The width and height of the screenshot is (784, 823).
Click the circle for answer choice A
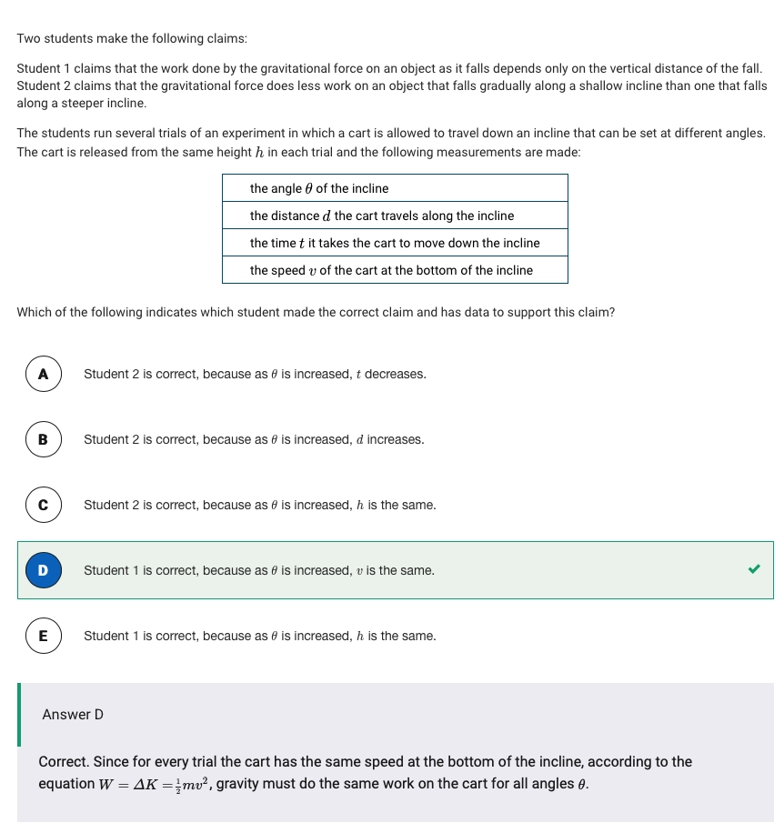[x=43, y=374]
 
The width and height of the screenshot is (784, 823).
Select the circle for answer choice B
[x=43, y=439]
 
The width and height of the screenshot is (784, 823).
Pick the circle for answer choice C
[x=43, y=505]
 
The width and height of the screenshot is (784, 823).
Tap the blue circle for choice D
[x=43, y=570]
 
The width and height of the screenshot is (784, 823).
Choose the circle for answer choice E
[x=43, y=636]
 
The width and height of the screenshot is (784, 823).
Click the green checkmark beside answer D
[x=753, y=569]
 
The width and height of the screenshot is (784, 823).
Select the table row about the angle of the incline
[x=395, y=188]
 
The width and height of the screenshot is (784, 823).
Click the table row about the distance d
[x=395, y=216]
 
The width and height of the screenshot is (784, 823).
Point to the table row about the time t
[x=395, y=243]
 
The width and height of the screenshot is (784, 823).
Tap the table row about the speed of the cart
[x=395, y=270]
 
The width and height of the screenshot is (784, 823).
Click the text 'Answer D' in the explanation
[x=73, y=715]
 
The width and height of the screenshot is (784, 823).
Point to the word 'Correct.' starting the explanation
[x=64, y=761]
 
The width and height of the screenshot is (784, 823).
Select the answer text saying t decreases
[x=255, y=374]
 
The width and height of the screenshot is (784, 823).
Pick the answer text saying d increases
[x=254, y=439]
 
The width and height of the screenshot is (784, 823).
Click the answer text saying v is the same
[x=259, y=570]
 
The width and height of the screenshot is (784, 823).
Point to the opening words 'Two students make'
[x=64, y=39]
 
